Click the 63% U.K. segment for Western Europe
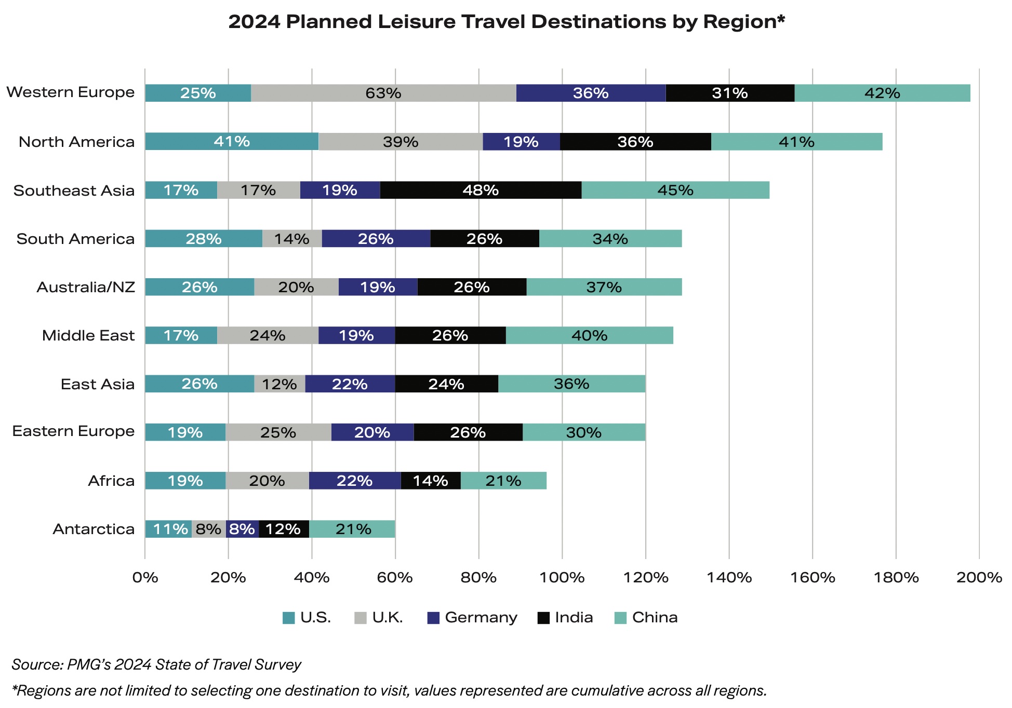pyautogui.click(x=383, y=93)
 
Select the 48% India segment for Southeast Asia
pyautogui.click(x=481, y=190)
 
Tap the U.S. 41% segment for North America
pyautogui.click(x=232, y=142)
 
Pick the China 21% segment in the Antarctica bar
pyautogui.click(x=352, y=529)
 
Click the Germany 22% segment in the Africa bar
pyautogui.click(x=355, y=481)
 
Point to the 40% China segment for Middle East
pyautogui.click(x=589, y=335)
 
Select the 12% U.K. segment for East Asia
pyautogui.click(x=279, y=384)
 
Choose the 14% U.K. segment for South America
pyautogui.click(x=292, y=239)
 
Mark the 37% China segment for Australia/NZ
pyautogui.click(x=604, y=287)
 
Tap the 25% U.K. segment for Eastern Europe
pyautogui.click(x=278, y=432)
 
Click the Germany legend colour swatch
pyautogui.click(x=433, y=618)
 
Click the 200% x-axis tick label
pyautogui.click(x=979, y=577)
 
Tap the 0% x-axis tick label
pyautogui.click(x=145, y=577)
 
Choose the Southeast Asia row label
pyautogui.click(x=74, y=190)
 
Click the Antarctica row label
pyautogui.click(x=94, y=529)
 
